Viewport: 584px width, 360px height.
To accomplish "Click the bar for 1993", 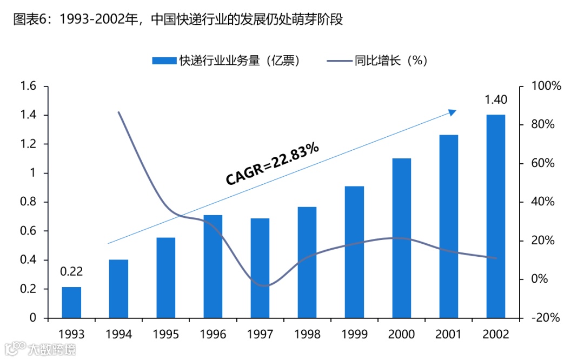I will pos(71,302).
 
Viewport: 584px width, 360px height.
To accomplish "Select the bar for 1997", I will pos(260,268).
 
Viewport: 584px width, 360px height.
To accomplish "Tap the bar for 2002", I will pos(495,216).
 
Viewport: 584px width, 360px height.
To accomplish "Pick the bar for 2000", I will pos(402,238).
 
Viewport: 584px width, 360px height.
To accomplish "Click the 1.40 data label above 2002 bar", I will pos(495,100).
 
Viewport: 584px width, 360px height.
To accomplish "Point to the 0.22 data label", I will pos(71,272).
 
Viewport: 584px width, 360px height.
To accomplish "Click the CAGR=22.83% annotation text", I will pos(272,164).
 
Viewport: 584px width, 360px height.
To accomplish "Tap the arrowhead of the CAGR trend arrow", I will pos(453,112).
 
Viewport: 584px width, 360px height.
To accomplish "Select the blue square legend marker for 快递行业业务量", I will pos(164,61).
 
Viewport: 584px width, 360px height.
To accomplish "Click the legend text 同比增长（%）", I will pos(390,61).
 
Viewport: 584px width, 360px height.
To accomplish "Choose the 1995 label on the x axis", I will pos(165,334).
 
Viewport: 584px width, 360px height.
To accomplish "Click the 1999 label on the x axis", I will pos(354,334).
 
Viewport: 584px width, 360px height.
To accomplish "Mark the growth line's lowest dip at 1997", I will pos(261,285).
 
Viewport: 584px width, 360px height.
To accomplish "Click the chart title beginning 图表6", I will pos(178,19).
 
